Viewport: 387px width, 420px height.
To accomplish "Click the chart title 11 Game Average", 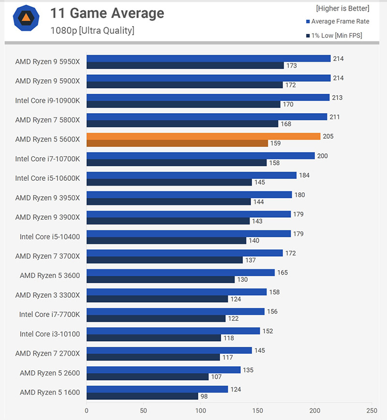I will coord(107,14).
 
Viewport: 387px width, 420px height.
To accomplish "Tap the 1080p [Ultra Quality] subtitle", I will coord(92,30).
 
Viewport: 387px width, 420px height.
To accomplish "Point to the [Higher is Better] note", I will coord(342,8).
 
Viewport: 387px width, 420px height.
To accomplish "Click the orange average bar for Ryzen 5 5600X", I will coord(203,136).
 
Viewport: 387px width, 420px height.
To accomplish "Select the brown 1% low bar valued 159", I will coord(177,143).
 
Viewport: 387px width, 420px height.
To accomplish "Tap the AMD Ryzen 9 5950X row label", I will coord(47,61).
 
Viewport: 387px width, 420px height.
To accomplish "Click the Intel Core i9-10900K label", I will coord(47,100).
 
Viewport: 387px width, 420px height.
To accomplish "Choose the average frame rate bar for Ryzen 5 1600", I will coord(157,389).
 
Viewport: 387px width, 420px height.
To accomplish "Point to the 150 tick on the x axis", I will coord(257,411).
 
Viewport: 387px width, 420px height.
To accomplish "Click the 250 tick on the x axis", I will coord(372,411).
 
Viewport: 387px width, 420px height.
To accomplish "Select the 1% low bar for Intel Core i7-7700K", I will coord(156,319).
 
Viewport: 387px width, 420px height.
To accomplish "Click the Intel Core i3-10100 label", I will coord(50,333).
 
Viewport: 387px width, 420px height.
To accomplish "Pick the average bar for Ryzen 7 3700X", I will coord(184,253).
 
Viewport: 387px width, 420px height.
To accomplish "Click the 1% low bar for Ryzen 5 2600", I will coord(147,377).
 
